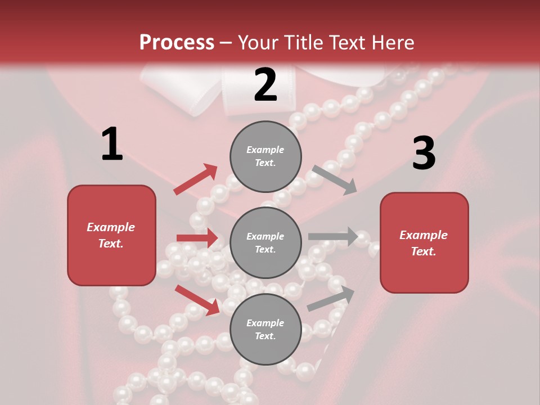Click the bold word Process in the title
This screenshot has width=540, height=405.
(x=177, y=43)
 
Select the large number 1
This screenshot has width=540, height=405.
(x=112, y=145)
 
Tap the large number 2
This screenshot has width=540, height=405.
(x=265, y=85)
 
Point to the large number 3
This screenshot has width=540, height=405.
(x=424, y=153)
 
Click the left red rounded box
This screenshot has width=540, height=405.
(x=111, y=235)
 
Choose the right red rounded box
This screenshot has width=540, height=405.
(x=424, y=242)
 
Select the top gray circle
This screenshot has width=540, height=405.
(x=265, y=156)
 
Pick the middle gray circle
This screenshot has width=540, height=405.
(x=265, y=242)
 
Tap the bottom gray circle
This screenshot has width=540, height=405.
(x=265, y=329)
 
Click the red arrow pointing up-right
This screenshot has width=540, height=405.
(x=196, y=179)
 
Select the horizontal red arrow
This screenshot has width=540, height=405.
(x=197, y=238)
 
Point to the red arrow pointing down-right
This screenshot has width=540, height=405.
(x=197, y=300)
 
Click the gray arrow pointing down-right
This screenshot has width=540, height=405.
(x=335, y=179)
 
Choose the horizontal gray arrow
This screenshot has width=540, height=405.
(x=333, y=237)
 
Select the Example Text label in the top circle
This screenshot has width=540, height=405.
(x=265, y=156)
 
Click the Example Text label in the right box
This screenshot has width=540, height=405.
(x=424, y=243)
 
